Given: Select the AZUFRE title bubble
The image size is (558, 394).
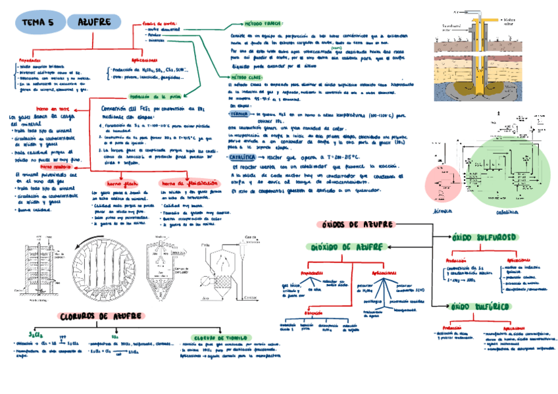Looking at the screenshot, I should point(94,22).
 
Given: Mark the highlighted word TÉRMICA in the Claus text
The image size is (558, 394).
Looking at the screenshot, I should point(243,113).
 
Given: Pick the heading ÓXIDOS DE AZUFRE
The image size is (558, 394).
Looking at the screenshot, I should point(357,224).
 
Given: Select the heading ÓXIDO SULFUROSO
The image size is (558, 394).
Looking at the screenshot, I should point(484,235).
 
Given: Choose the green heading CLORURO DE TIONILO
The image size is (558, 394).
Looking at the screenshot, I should point(215,337).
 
